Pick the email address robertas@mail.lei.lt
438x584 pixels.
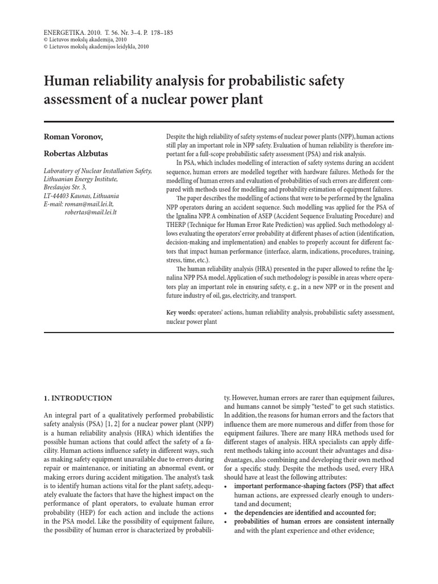coord(91,212)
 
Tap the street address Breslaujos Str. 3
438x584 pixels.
coord(66,186)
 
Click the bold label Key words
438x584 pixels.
coord(180,313)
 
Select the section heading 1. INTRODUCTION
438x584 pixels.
coord(78,398)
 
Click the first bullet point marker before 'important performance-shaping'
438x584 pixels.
coord(226,486)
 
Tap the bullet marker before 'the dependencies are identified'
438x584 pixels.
coord(226,513)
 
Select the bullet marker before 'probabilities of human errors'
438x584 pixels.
coord(226,521)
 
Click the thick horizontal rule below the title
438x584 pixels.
coord(219,121)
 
